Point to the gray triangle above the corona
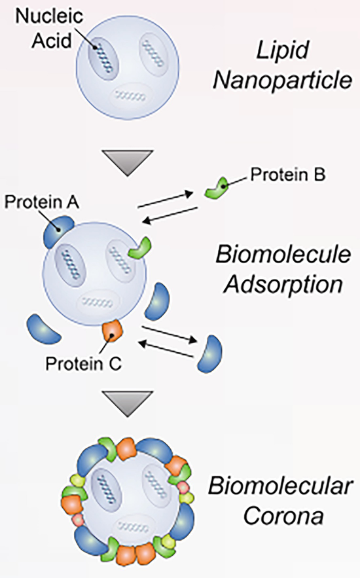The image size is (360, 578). point(129,403)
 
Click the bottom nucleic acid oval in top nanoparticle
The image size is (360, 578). point(130,96)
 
